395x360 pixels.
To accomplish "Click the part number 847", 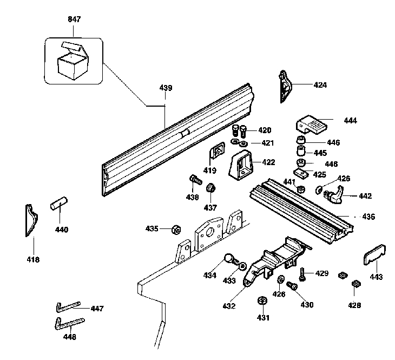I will pos(74,19).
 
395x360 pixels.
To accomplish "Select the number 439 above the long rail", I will pos(166,88).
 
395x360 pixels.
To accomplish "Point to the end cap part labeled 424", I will pos(285,86).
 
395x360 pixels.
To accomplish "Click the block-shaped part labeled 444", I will pos(312,125).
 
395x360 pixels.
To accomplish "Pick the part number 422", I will pos(268,162).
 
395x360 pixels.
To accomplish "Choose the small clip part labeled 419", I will pos(218,152).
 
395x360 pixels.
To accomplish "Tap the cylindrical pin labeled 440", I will pos(58,206).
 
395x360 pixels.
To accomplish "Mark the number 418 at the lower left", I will pos(33,260).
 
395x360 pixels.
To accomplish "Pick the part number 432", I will pos(229,305).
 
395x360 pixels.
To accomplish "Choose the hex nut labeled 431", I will pos(261,301).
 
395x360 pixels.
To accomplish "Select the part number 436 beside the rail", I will pos(368,217).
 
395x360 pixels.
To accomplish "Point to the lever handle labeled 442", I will pos(336,194).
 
